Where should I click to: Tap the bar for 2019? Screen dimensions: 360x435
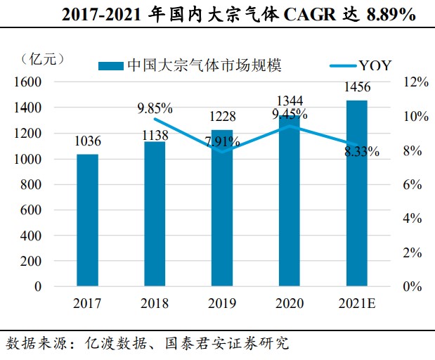(222, 208)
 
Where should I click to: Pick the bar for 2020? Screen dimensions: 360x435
(290, 201)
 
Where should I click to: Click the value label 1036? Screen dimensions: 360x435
(88, 141)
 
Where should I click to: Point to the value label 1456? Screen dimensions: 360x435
(357, 87)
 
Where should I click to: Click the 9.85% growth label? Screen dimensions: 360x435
(155, 108)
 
